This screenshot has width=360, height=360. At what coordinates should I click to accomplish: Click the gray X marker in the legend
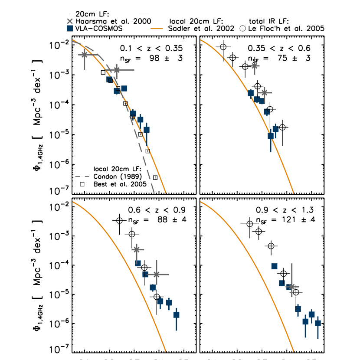tap(70, 21)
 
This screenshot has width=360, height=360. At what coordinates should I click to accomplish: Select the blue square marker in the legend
tap(70, 29)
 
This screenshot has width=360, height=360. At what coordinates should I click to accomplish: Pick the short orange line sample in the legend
tap(157, 28)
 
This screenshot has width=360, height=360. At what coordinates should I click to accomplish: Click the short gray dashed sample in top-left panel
tap(82, 177)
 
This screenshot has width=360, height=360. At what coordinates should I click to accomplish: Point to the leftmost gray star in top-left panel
tap(85, 55)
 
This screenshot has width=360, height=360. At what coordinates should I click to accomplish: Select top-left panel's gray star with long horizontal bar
tap(116, 70)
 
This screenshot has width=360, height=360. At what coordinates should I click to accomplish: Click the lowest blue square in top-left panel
tap(147, 129)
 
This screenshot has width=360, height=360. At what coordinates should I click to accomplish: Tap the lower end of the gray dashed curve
tap(154, 191)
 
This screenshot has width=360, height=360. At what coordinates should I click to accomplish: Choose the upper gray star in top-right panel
tap(255, 66)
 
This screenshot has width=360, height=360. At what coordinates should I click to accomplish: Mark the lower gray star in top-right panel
tap(264, 93)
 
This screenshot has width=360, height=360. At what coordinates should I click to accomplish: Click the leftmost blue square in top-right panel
tap(251, 93)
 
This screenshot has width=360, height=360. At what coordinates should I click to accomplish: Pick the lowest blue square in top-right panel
tap(271, 136)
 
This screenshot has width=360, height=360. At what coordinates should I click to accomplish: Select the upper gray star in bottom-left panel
tap(137, 249)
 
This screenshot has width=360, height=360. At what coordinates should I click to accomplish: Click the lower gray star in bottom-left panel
tap(156, 275)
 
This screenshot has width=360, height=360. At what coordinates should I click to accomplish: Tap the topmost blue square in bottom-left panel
tap(138, 263)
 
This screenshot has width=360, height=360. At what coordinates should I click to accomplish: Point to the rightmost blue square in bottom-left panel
tap(177, 315)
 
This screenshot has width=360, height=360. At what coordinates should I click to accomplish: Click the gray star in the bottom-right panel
tap(291, 287)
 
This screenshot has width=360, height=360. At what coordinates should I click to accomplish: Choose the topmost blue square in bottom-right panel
tap(274, 266)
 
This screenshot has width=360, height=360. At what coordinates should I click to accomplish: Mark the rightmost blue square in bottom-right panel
tap(318, 323)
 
